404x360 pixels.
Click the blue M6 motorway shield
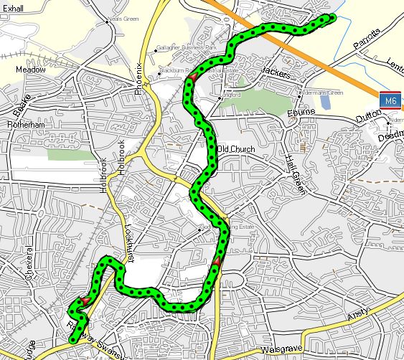coord(390,101)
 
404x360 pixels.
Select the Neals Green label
coord(123,22)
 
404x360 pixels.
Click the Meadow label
coord(30,70)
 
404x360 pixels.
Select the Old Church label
coord(236,149)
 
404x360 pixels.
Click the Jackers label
coord(276,72)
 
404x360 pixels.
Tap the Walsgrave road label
coord(279,349)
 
